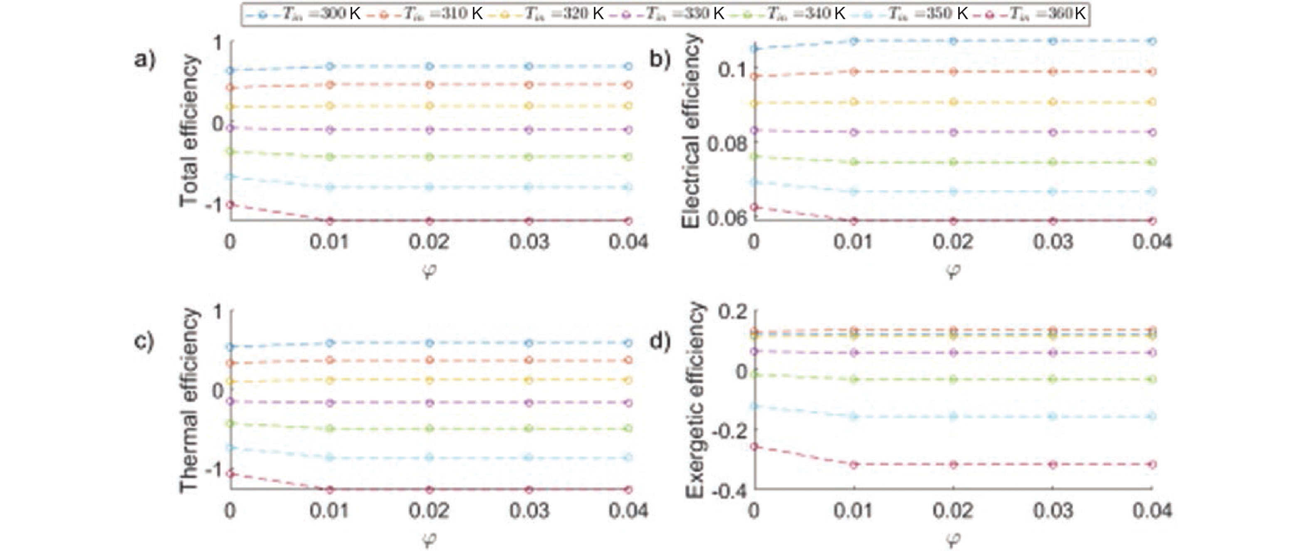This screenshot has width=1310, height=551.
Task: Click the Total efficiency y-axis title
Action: tap(189, 131)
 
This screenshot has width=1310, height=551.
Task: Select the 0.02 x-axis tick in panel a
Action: tap(429, 242)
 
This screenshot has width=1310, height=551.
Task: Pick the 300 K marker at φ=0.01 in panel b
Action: tap(854, 41)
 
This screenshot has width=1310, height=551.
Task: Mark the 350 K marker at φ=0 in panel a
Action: tap(230, 177)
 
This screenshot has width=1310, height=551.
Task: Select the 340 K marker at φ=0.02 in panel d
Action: tap(954, 379)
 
